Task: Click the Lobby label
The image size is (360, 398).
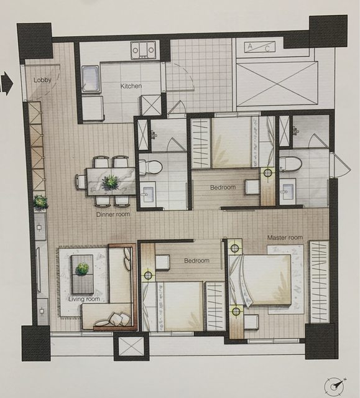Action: pyautogui.click(x=43, y=80)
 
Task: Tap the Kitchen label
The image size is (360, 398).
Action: pyautogui.click(x=131, y=86)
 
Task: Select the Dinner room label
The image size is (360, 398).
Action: pyautogui.click(x=113, y=215)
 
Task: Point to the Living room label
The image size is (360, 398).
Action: pyautogui.click(x=84, y=299)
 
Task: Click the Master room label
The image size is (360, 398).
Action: pyautogui.click(x=285, y=238)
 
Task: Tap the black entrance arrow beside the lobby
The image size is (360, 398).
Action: pyautogui.click(x=6, y=83)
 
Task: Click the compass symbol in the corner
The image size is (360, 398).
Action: pyautogui.click(x=335, y=386)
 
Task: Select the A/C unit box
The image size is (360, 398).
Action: pyautogui.click(x=260, y=47)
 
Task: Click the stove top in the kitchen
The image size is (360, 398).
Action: pyautogui.click(x=143, y=50)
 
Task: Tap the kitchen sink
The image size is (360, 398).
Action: pyautogui.click(x=90, y=79)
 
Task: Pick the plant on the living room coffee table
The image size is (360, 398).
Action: pyautogui.click(x=82, y=269)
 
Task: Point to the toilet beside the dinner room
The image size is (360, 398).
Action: pyautogui.click(x=150, y=167)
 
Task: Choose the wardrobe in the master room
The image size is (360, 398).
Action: pyautogui.click(x=319, y=282)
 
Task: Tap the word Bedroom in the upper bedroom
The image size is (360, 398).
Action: pyautogui.click(x=223, y=188)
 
